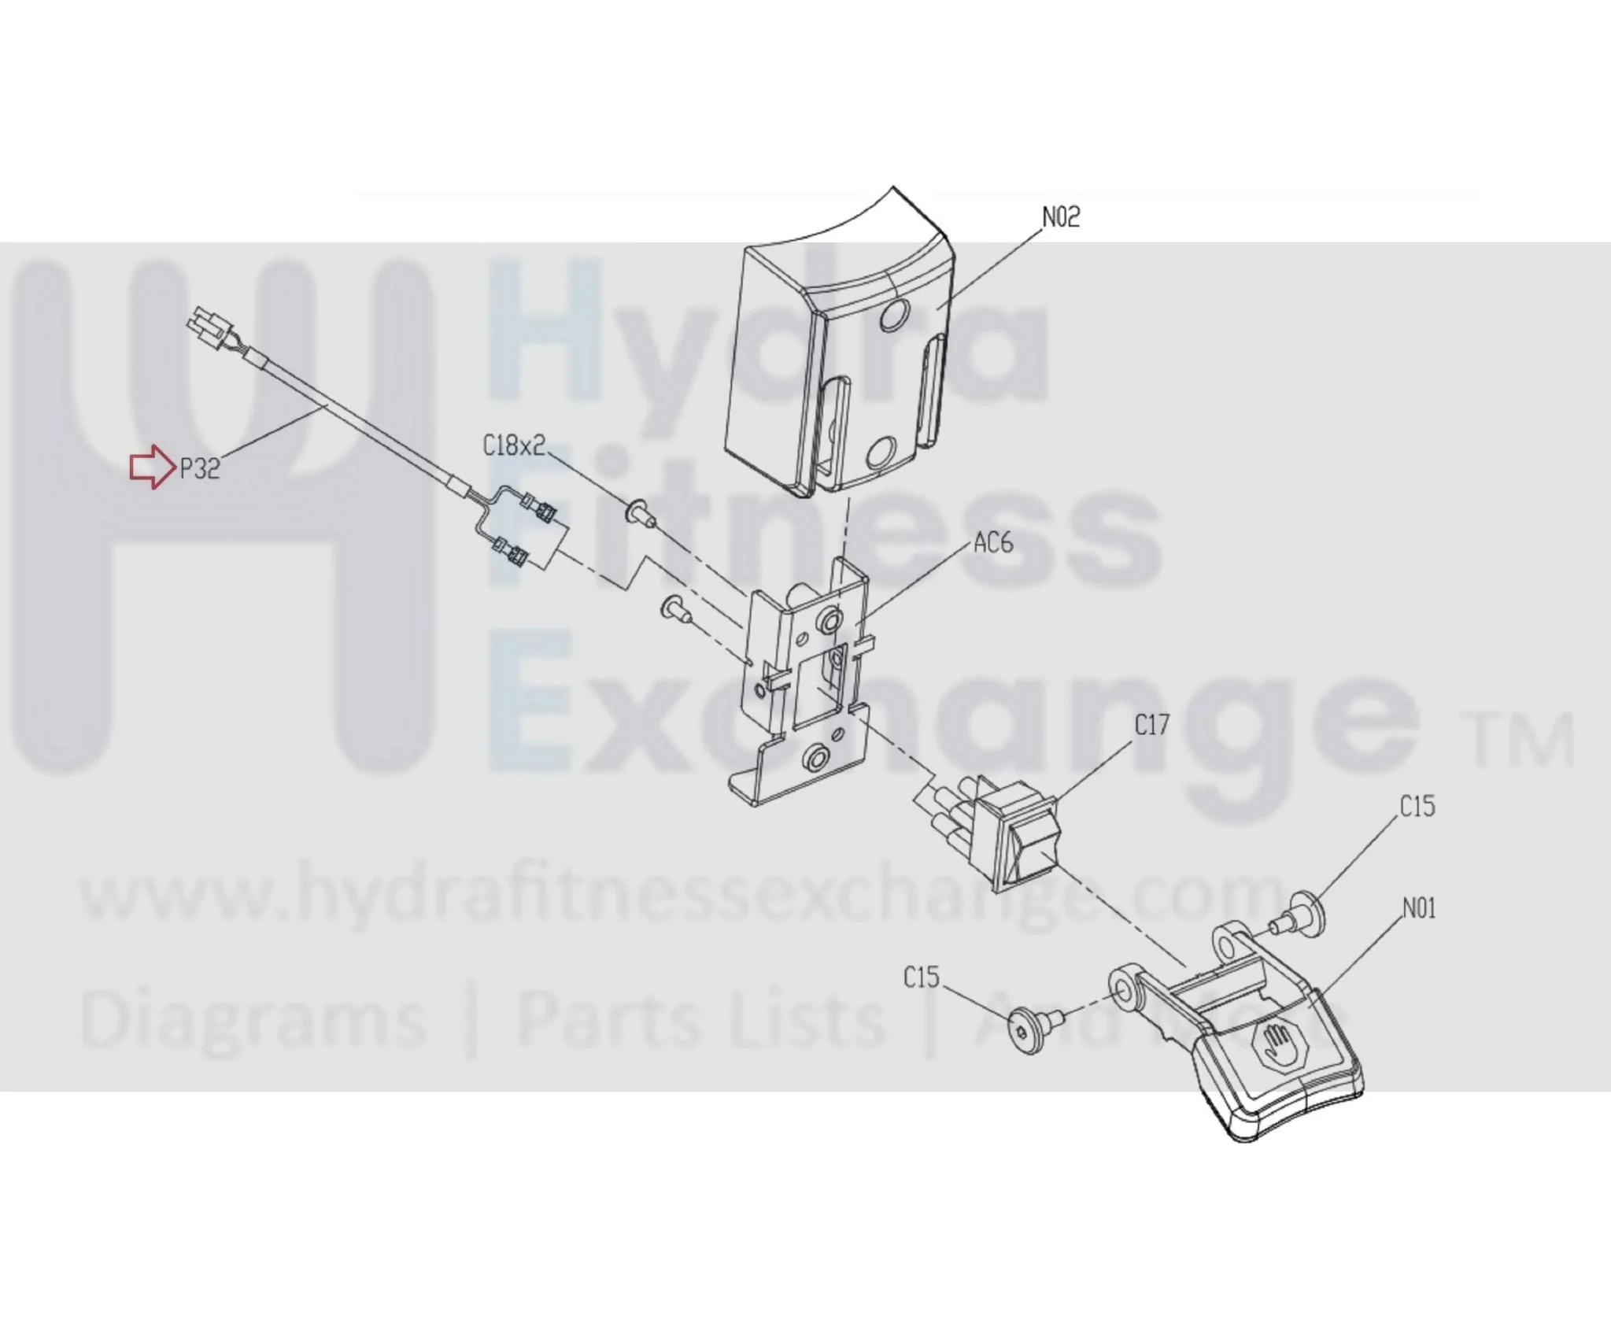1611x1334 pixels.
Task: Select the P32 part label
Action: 200,470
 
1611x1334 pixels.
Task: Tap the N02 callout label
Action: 1061,217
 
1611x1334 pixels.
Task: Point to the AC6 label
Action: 993,543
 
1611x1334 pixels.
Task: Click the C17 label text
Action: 1152,725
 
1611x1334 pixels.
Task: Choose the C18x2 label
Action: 514,446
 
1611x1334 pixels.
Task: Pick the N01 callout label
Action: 1419,909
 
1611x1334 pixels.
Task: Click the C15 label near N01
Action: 1417,807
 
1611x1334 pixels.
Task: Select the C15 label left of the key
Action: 922,977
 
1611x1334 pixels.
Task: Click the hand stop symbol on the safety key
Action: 1274,1043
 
